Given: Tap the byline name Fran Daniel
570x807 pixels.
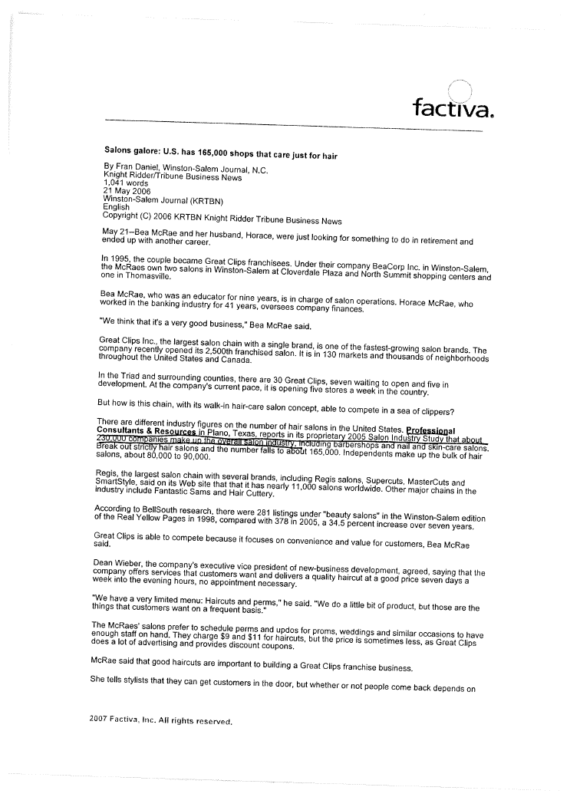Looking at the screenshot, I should click(x=137, y=170).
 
